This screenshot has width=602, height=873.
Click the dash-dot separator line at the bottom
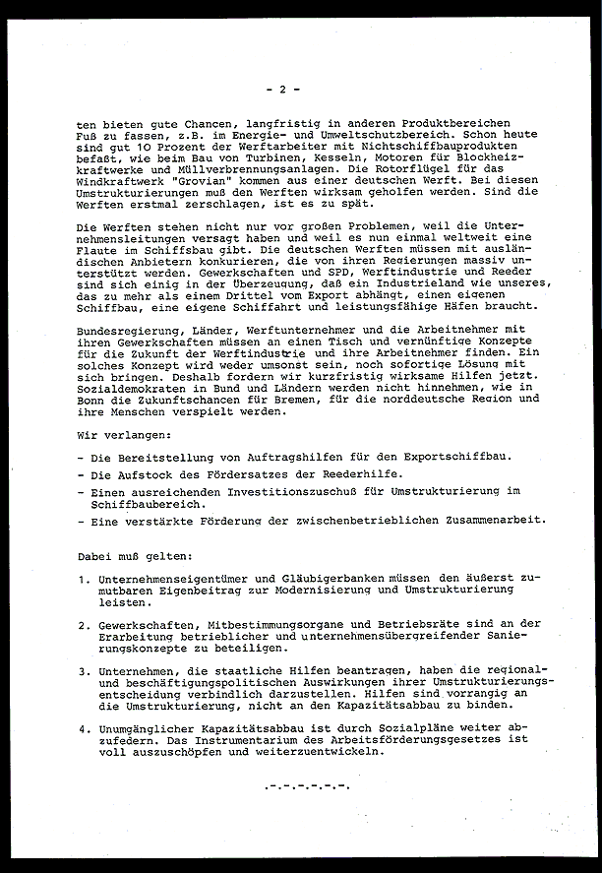pos(307,785)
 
